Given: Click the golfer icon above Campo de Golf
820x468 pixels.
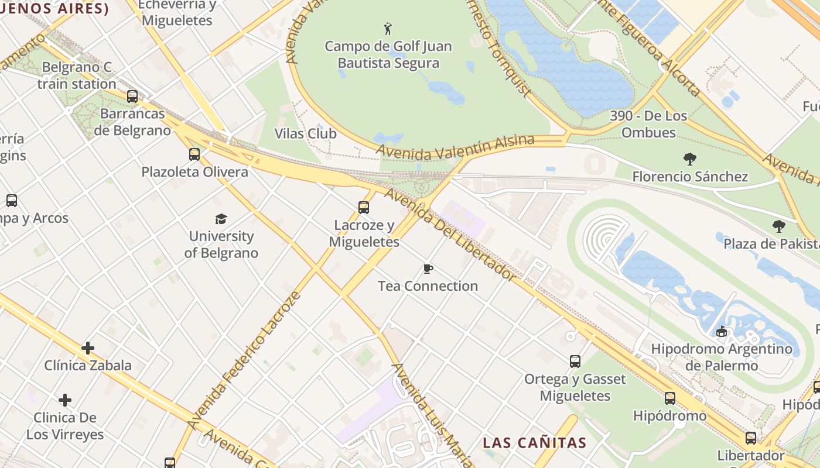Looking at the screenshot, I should point(388,29).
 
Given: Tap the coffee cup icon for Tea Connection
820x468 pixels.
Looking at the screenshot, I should point(428,269).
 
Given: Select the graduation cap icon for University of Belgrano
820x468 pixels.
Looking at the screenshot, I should point(221,219).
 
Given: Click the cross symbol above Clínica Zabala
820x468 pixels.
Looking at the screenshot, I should point(88,348).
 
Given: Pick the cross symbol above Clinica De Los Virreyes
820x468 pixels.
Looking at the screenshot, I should point(65,400).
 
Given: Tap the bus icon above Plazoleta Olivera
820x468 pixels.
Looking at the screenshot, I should point(194,154).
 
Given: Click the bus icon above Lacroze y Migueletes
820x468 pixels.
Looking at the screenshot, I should point(364,207).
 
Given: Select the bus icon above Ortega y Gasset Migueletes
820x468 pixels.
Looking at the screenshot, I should point(575,362).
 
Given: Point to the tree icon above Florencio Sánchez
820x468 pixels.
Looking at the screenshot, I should point(690,159).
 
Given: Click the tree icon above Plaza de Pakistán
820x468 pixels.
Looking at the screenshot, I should point(778,226).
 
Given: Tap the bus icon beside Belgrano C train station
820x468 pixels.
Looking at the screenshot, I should point(132,97).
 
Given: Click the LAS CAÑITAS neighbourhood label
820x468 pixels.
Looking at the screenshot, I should point(534,443).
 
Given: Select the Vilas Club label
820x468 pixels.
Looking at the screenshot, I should point(305,133).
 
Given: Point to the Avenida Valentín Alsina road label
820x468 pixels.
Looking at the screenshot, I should point(455,147).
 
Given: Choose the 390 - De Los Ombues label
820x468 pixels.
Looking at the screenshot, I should point(648,124).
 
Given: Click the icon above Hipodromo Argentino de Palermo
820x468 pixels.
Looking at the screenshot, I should point(722,332).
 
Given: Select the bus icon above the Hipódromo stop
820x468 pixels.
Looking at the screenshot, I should point(670,398).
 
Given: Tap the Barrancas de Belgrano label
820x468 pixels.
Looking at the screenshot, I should point(132,122).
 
